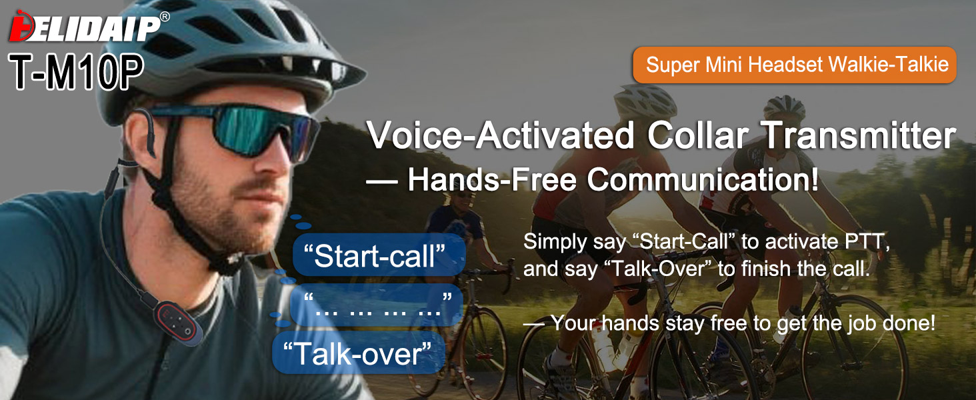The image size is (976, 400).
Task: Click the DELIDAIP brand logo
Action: point(85,28)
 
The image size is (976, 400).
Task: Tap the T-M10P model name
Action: point(76,72)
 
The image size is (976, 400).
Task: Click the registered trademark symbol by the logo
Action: point(165,17)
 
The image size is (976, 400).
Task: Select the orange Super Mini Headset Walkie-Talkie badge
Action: point(794,65)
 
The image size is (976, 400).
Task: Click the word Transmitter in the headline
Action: point(859,135)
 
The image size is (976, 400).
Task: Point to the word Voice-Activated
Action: point(500,135)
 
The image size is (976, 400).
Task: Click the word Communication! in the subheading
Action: point(703,179)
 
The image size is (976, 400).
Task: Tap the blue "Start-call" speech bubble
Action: point(379,255)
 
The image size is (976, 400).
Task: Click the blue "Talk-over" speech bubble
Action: point(358,353)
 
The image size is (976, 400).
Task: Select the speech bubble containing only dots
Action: point(377,305)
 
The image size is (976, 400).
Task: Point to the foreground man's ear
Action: point(139,135)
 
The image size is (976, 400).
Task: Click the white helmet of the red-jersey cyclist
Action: point(645,100)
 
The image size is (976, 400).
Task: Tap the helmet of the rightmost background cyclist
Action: point(784,107)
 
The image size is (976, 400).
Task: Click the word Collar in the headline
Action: point(698,135)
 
